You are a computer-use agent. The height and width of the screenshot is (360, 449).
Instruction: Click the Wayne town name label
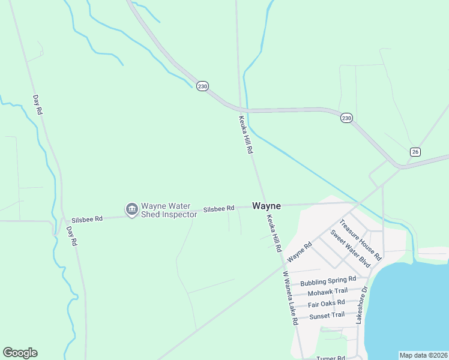pyautogui.click(x=266, y=205)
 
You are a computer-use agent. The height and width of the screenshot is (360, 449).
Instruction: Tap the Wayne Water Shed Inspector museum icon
pyautogui.click(x=131, y=209)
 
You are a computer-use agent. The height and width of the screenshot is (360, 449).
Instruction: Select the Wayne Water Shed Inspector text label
pyautogui.click(x=169, y=210)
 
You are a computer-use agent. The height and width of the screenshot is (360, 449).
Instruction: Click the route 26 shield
pyautogui.click(x=415, y=152)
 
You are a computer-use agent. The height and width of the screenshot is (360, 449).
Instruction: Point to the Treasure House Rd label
pyautogui.click(x=360, y=239)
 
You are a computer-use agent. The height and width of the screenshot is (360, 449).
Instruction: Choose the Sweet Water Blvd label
pyautogui.click(x=349, y=248)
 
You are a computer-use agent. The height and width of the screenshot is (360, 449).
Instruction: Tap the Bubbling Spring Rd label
pyautogui.click(x=328, y=280)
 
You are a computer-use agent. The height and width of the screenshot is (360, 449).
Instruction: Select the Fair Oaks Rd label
pyautogui.click(x=326, y=304)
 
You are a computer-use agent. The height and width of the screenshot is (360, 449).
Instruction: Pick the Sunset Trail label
pyautogui.click(x=327, y=315)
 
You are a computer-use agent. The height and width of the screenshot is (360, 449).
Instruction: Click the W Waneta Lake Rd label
pyautogui.click(x=291, y=298)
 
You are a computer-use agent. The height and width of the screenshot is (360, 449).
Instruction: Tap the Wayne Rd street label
pyautogui.click(x=300, y=251)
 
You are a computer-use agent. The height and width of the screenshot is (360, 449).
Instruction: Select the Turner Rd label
pyautogui.click(x=331, y=358)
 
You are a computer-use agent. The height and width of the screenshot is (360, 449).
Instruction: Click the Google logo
pyautogui.click(x=20, y=353)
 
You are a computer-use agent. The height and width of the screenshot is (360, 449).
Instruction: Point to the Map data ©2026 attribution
pyautogui.click(x=423, y=355)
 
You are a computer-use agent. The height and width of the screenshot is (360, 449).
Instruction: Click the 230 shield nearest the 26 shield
pyautogui.click(x=346, y=118)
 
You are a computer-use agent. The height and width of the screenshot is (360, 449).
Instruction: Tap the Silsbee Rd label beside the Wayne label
pyautogui.click(x=218, y=209)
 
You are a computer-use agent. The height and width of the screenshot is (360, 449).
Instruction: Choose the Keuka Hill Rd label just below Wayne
pyautogui.click(x=274, y=233)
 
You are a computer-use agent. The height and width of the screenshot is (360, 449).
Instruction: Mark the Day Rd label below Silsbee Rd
pyautogui.click(x=72, y=236)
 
